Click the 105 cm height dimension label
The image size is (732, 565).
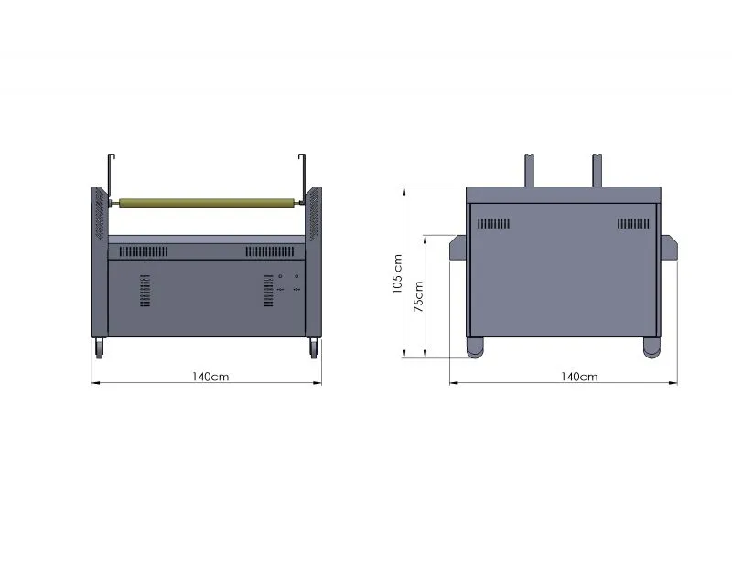pyautogui.click(x=397, y=274)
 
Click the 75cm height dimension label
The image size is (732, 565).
pyautogui.click(x=419, y=296)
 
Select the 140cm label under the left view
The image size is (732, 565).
pyautogui.click(x=210, y=377)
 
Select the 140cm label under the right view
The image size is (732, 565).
pyautogui.click(x=579, y=377)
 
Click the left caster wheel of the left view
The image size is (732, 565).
pyautogui.click(x=100, y=348)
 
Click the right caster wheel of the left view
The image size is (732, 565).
pyautogui.click(x=313, y=348)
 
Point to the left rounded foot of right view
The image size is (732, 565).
pyautogui.click(x=475, y=347)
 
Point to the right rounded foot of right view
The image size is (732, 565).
pyautogui.click(x=651, y=347)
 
